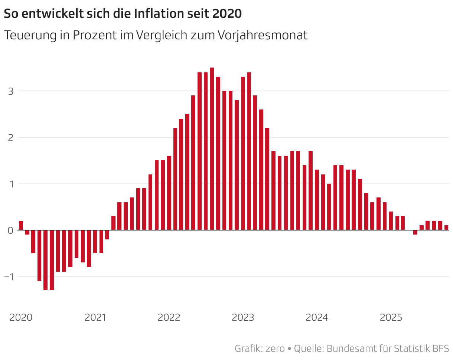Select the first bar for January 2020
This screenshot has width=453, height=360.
coord(21,225)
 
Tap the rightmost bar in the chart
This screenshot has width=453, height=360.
coord(446,228)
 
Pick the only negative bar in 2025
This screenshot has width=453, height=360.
coord(415,232)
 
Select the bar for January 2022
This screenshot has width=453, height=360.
coord(169,193)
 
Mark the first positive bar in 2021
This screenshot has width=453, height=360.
coord(113,223)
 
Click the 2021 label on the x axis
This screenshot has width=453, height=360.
coord(95,318)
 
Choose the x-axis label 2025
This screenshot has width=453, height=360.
coord(391,318)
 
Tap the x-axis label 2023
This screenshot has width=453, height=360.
coord(243,318)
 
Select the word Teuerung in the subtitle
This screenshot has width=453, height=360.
coord(30,35)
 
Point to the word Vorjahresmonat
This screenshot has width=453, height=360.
coord(263,35)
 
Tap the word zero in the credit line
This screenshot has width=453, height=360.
coord(275,349)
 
